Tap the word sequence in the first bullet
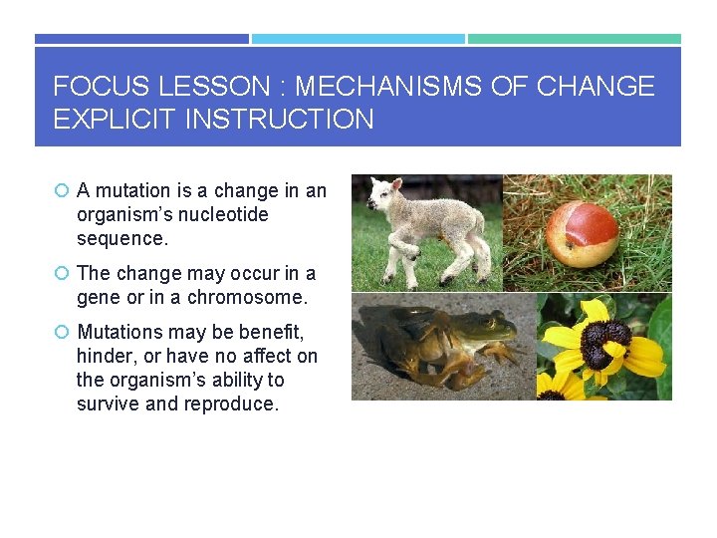point(122,238)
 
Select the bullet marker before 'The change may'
point(62,274)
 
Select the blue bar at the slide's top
point(141,39)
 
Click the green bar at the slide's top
point(575,39)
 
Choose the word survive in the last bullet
point(109,403)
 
